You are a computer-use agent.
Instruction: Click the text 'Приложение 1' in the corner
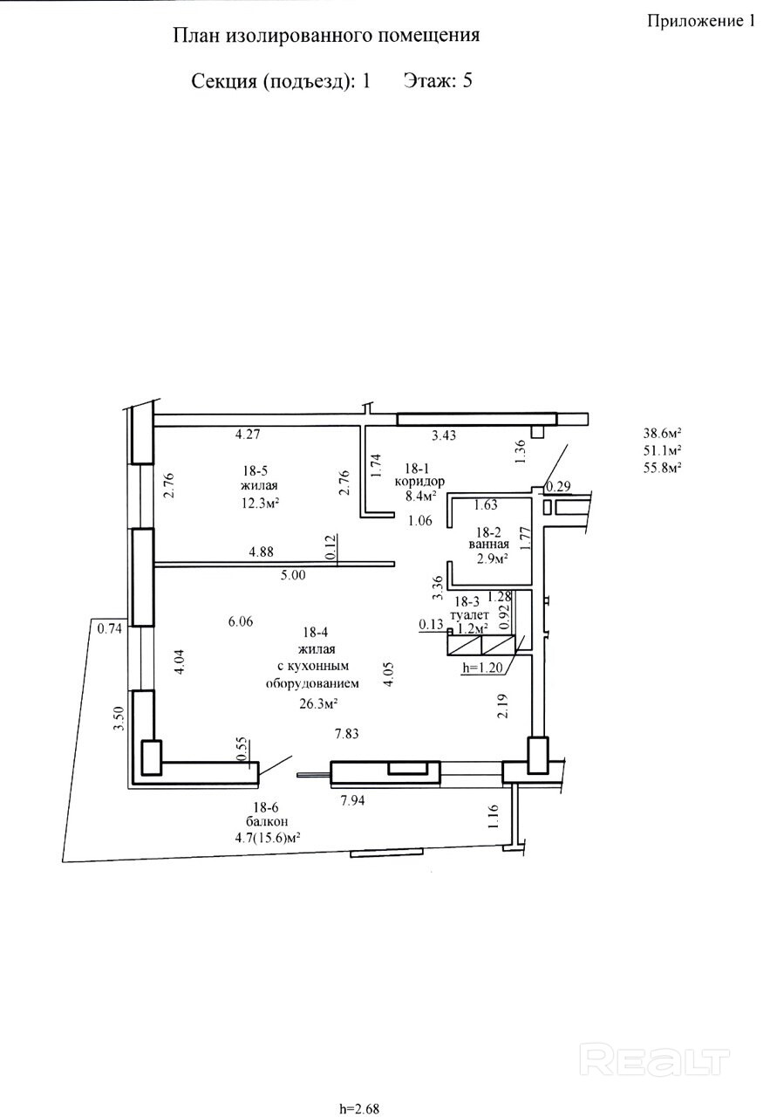701,20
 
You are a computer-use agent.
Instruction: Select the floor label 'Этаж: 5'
438,80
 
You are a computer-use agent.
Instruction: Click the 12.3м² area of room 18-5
260,503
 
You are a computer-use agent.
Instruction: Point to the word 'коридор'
419,481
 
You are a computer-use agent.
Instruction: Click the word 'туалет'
469,615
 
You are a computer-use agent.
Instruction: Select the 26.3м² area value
318,703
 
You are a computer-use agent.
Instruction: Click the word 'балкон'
267,821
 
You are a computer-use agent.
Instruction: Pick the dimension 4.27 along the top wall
248,434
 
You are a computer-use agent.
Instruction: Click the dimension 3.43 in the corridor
444,435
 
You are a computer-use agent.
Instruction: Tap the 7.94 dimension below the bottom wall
352,800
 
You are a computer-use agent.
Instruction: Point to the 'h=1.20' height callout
482,668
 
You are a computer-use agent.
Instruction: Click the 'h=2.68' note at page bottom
359,1109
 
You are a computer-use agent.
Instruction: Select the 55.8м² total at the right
663,467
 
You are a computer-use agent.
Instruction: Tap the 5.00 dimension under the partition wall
292,575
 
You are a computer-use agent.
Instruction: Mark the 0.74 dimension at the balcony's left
109,629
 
